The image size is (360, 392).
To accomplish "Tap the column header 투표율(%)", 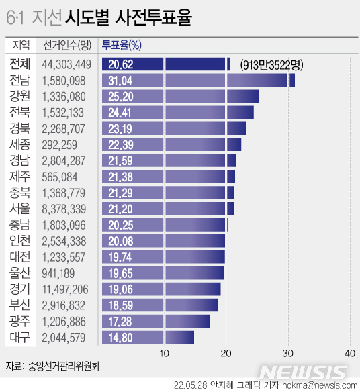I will (121, 46).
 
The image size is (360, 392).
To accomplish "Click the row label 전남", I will (19, 81).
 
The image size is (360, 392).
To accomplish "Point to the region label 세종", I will (19, 144).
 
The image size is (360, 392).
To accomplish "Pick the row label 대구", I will (19, 337).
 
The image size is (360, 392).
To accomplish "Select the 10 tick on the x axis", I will (164, 353).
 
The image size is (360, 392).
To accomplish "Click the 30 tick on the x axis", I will (288, 353).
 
